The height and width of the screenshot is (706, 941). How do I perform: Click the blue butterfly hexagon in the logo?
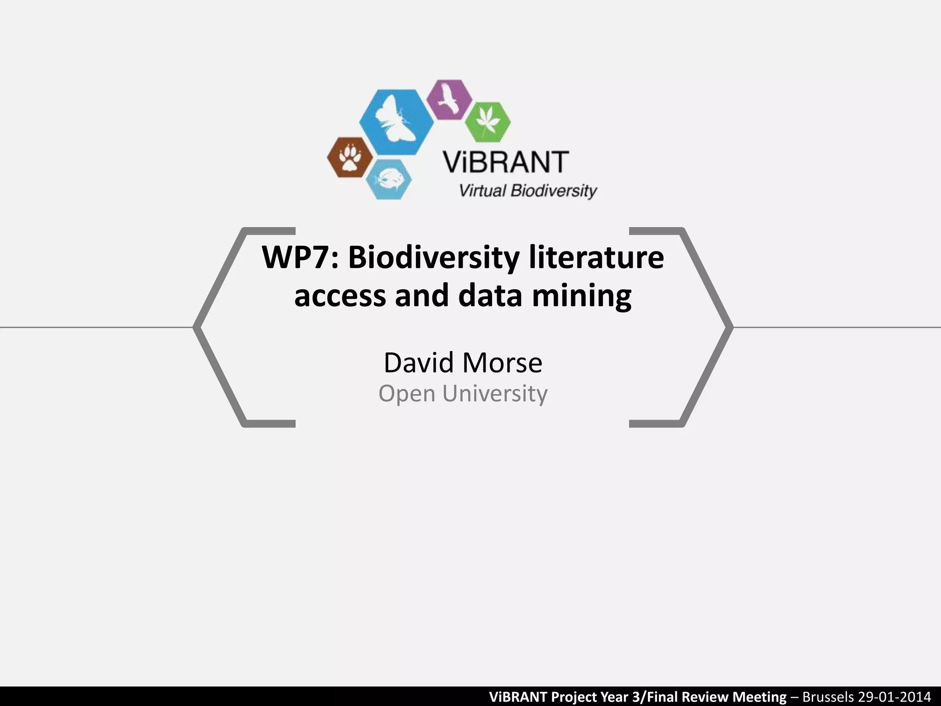(396, 122)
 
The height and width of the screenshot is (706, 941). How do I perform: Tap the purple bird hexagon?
(449, 100)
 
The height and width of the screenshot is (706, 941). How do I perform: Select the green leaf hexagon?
(488, 122)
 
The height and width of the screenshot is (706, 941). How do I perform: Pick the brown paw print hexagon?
(350, 157)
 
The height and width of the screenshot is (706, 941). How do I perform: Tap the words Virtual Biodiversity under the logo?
(528, 190)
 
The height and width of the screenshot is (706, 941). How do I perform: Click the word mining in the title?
(582, 296)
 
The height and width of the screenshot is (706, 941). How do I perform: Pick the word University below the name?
(495, 393)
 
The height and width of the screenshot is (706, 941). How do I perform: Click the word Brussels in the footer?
(828, 696)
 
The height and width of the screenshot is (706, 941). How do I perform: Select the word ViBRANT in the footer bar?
(518, 696)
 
